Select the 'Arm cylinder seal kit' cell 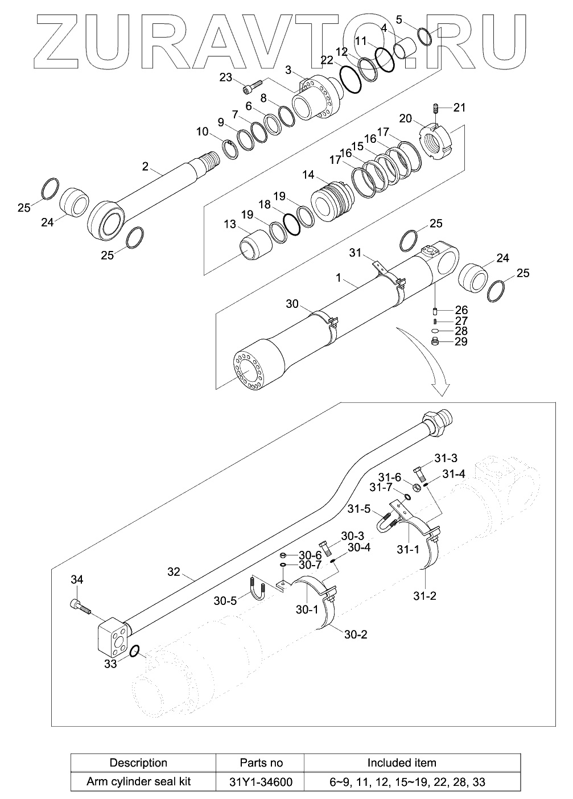click(138, 781)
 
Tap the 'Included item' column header click(402, 763)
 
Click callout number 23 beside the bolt click(225, 78)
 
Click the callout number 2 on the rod click(145, 166)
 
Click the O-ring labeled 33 click(135, 652)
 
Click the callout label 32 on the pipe click(174, 571)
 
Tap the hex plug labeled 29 click(435, 341)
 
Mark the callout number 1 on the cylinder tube click(339, 278)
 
